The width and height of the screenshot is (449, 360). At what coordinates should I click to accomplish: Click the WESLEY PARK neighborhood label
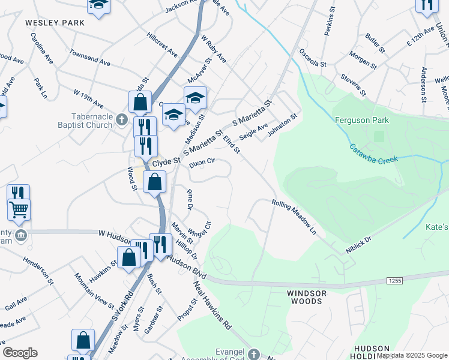[x=55, y=22]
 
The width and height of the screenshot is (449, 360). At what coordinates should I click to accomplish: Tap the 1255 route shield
[x=394, y=280]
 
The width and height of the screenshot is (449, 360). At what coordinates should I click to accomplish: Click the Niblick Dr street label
[x=358, y=243]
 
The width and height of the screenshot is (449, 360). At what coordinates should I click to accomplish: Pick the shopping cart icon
[x=19, y=209]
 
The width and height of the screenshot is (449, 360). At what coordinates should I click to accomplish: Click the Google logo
[x=20, y=353]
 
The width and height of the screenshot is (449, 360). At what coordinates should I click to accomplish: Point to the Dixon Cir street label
[x=202, y=162]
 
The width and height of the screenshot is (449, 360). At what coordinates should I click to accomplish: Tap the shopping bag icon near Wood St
[x=154, y=182]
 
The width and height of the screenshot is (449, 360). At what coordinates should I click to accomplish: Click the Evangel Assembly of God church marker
[x=253, y=354]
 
